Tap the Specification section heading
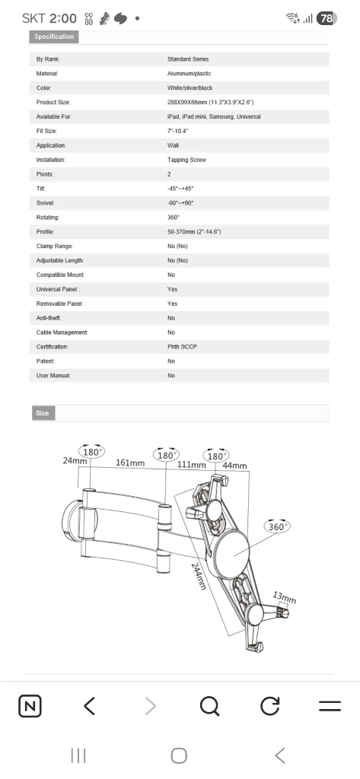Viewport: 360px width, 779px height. tap(54, 37)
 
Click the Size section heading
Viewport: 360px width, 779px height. tap(43, 413)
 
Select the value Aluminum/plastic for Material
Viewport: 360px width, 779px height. tap(189, 74)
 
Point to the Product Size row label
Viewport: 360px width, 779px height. tap(53, 103)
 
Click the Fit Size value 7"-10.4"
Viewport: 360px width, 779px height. tap(177, 131)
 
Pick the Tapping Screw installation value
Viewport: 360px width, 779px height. tap(186, 160)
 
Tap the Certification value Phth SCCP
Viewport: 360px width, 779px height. tap(182, 347)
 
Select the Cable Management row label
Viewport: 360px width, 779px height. tap(62, 332)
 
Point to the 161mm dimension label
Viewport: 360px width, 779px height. tap(130, 463)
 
